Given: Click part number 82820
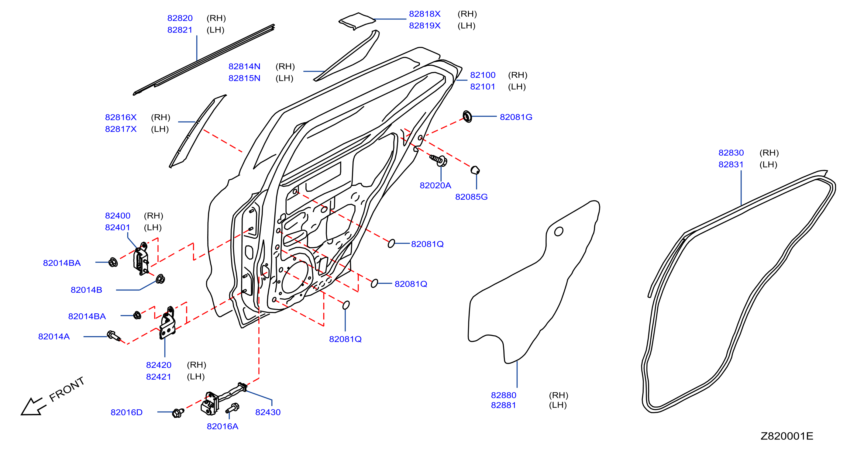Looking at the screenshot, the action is (x=180, y=18).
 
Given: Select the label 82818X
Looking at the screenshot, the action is (x=425, y=14).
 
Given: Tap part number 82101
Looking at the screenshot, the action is (x=482, y=87).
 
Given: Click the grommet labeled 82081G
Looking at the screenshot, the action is (x=467, y=116).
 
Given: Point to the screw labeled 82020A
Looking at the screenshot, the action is (x=439, y=160).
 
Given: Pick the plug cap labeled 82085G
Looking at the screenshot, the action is (x=475, y=170).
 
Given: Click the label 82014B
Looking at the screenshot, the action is (x=86, y=290).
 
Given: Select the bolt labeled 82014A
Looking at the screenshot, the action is (x=114, y=336).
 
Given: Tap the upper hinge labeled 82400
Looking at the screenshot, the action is (x=141, y=258).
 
